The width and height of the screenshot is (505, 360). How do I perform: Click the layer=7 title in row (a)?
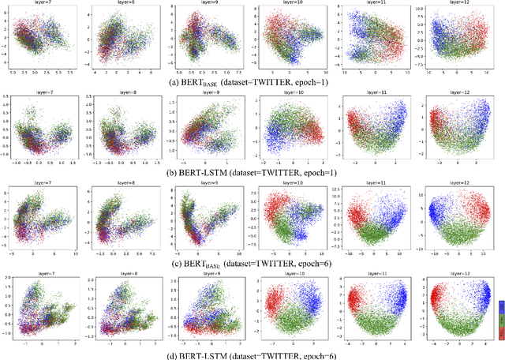43,2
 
